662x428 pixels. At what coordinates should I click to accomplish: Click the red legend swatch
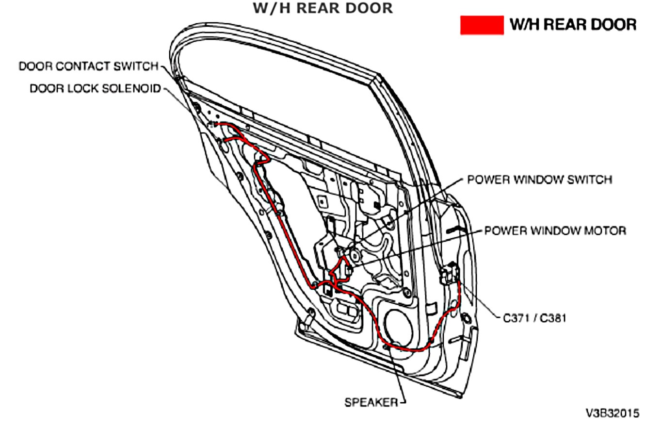point(482,25)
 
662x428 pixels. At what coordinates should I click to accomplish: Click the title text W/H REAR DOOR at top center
point(323,8)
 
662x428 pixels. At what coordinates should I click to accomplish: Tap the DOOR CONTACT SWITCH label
point(89,66)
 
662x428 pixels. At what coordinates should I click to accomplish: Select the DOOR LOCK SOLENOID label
point(95,88)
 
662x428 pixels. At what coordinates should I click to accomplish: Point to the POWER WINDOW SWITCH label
point(540,180)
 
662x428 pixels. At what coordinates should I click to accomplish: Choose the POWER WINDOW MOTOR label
point(555,230)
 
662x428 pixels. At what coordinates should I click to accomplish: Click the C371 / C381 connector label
point(534,318)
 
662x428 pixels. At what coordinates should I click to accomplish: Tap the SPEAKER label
point(371,402)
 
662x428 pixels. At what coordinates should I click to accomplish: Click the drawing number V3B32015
point(613,413)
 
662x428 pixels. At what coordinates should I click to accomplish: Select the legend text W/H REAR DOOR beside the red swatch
point(573,25)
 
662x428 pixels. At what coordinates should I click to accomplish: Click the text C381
point(553,318)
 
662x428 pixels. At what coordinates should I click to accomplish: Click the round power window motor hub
point(354,254)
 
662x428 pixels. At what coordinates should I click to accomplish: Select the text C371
point(516,318)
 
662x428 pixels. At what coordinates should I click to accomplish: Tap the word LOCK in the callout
point(81,88)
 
